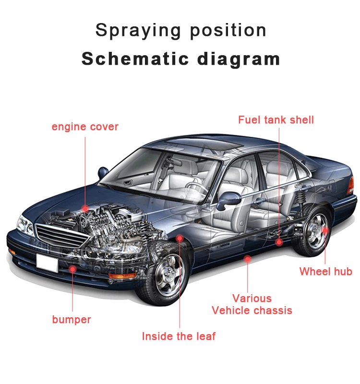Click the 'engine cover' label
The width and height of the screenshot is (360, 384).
(x=85, y=127)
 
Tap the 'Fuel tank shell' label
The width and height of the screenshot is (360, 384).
(x=276, y=120)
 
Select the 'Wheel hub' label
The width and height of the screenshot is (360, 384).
(x=325, y=272)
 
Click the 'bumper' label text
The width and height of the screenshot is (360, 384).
(x=72, y=320)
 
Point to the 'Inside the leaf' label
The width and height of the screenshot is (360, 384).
(x=179, y=336)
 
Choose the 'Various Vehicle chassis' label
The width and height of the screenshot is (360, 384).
(x=252, y=305)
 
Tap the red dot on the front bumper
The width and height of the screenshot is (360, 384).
(x=72, y=269)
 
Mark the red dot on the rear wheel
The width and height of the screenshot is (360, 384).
(x=325, y=230)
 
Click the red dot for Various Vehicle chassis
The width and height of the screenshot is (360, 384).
(x=248, y=259)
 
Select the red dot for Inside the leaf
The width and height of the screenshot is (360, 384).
(x=180, y=238)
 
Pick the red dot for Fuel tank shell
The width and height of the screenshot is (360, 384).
(x=279, y=242)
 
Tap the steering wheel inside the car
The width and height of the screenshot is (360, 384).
(x=192, y=185)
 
